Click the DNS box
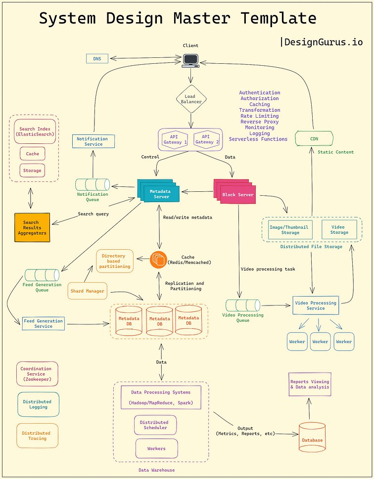pos(97,59)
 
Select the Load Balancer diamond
pos(190,99)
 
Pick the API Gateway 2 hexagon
pos(207,139)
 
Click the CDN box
pos(314,139)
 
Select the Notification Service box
pos(93,141)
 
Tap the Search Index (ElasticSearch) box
pos(34,131)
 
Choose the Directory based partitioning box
pos(114,261)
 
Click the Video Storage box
pos(339,229)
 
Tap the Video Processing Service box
pos(316,305)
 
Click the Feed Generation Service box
pos(44,324)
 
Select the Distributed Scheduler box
pos(155,425)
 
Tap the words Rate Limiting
pos(259,116)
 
